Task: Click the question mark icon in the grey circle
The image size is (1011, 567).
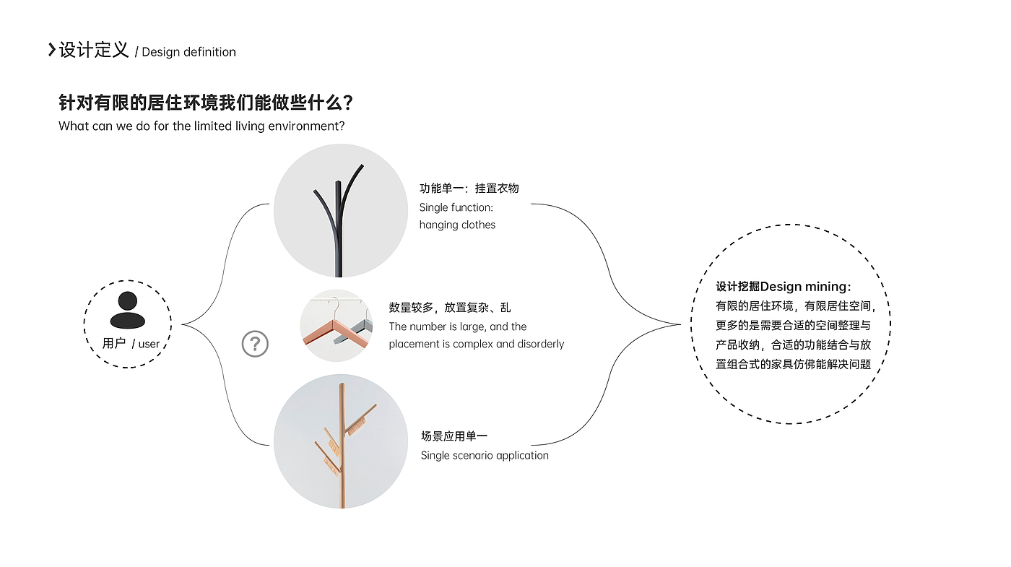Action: coord(255,344)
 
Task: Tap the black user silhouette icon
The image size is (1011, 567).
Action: coord(128,310)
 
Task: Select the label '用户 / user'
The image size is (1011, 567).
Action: coord(131,344)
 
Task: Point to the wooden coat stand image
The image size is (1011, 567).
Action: coord(340,441)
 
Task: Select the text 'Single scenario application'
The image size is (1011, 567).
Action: coord(485,456)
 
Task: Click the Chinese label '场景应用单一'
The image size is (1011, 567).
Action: coord(454,436)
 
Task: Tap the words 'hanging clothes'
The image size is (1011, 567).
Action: coord(457,225)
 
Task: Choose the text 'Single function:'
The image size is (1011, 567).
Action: coord(456,207)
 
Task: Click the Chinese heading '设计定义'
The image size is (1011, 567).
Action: coord(94,51)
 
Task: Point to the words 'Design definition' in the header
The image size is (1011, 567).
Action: coord(189,52)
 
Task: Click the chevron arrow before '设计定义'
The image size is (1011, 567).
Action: coord(51,50)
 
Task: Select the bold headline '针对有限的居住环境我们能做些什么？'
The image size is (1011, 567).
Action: coord(205,103)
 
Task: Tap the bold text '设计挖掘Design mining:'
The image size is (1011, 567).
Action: coord(783,287)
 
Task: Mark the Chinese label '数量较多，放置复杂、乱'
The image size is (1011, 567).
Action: coord(449,308)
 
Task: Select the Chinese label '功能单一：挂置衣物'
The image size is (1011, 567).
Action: coord(469,189)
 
